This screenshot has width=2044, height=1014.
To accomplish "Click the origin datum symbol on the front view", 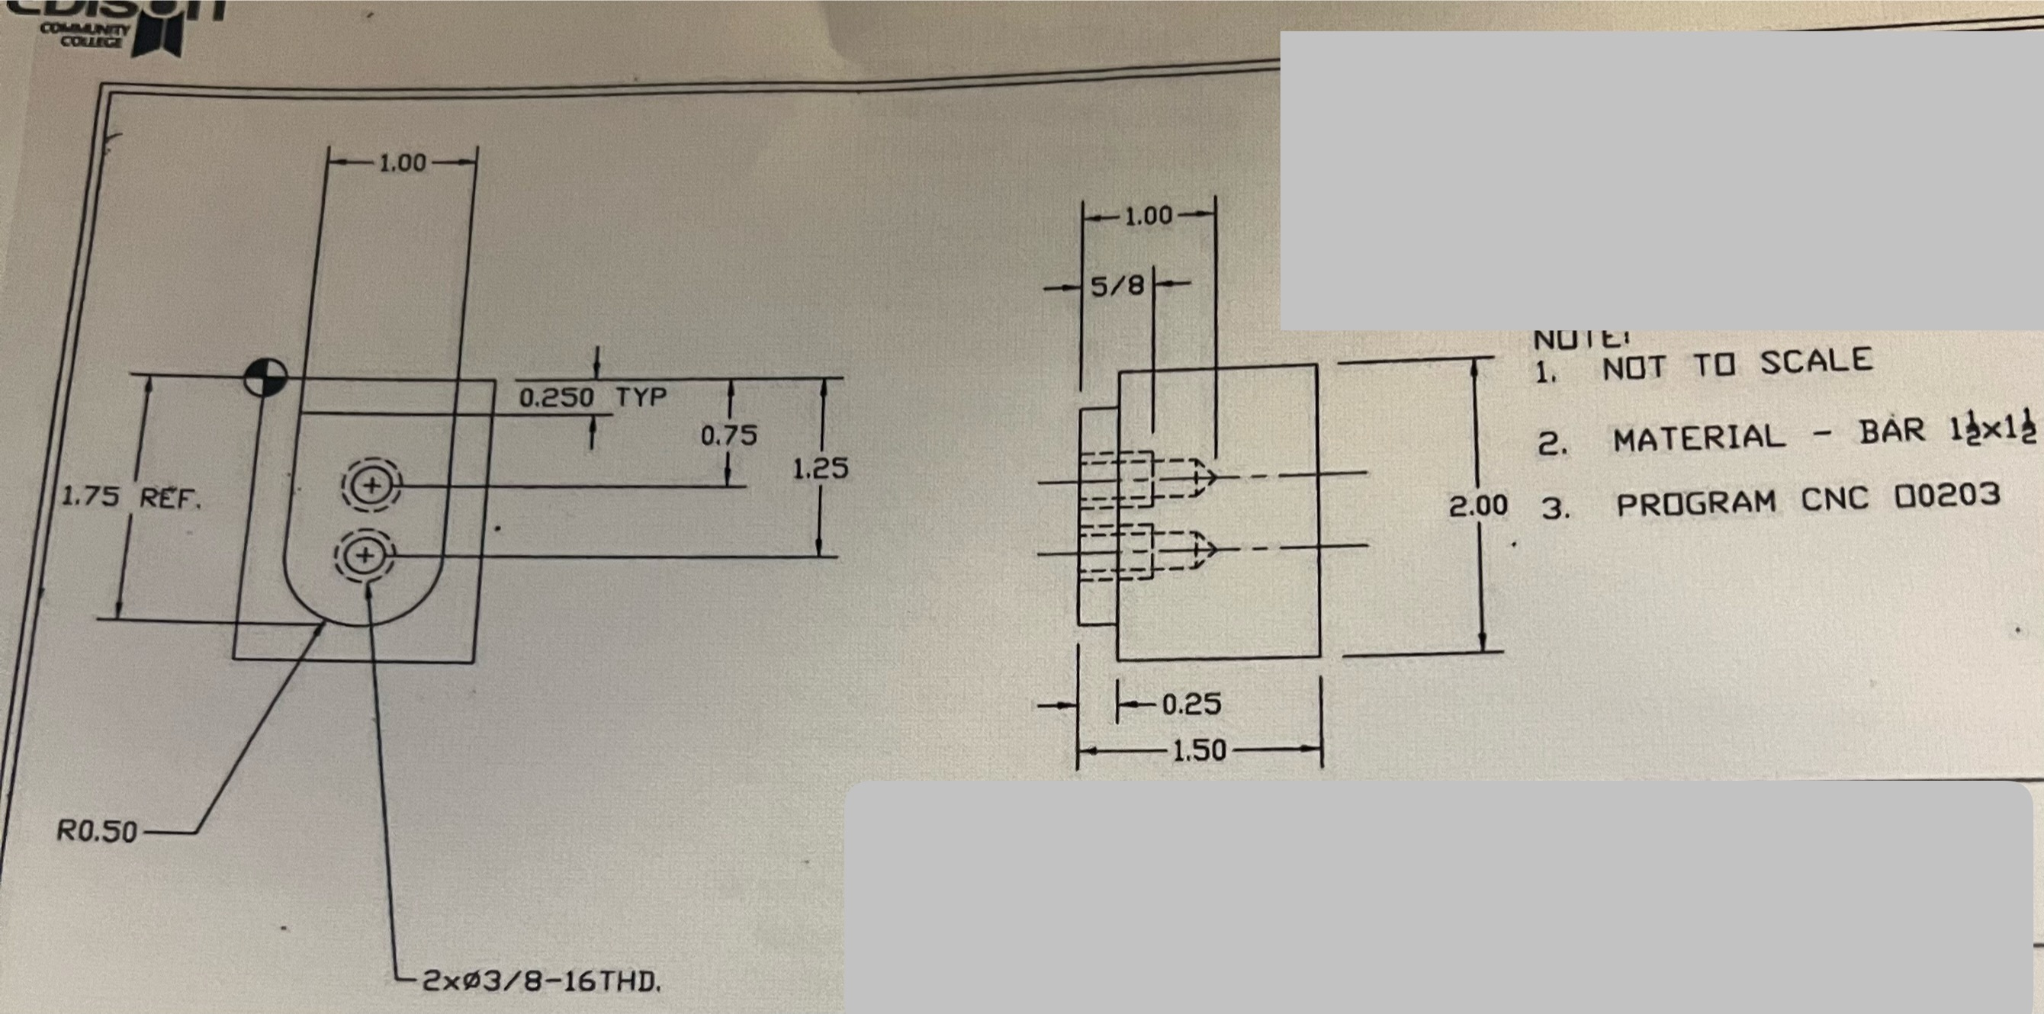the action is tap(265, 377).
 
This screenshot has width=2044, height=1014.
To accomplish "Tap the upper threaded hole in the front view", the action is tap(371, 485).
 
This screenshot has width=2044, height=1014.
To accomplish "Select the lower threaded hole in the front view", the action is tap(365, 554).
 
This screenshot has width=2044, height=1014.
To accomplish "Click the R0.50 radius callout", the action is tap(97, 831).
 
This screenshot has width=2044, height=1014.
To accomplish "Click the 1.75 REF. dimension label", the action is tap(132, 498).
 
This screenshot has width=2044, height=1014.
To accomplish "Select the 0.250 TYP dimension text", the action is tap(592, 396).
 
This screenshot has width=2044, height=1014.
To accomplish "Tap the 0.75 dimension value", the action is tap(728, 435).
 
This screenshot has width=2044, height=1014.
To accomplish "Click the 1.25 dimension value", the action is tap(821, 468).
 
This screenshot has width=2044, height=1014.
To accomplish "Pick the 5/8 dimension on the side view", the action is tap(1117, 286).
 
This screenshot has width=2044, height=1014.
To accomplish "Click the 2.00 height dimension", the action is tap(1477, 505).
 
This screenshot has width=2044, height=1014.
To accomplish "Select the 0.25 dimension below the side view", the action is tap(1191, 704).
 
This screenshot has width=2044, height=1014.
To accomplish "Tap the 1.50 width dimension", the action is tap(1199, 749).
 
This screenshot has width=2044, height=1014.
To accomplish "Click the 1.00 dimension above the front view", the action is tap(402, 162).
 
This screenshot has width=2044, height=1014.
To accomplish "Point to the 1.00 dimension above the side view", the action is tap(1148, 216).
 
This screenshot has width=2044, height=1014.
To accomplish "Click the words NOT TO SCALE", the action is tap(1737, 364).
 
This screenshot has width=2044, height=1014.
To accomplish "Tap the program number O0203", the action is tap(1947, 496).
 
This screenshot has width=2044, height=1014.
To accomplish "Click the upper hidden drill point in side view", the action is tap(1208, 475).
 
